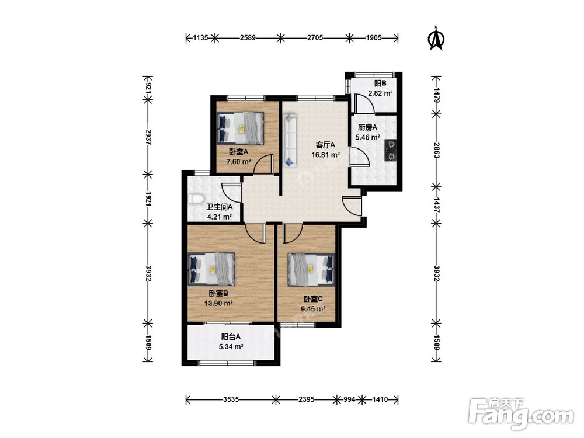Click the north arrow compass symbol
[x=437, y=38]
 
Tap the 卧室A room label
[x=238, y=152]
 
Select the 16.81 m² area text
[x=325, y=155]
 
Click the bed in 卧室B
[x=212, y=269]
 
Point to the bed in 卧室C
[x=311, y=270]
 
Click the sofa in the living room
[x=290, y=140]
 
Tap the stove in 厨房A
[x=391, y=150]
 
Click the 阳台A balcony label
[x=231, y=337]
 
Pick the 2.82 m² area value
[x=380, y=93]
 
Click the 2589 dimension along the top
[x=248, y=37]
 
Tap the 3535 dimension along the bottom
[x=231, y=399]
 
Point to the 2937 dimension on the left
[x=148, y=137]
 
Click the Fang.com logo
[x=521, y=413]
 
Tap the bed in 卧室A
[x=241, y=128]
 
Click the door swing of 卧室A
[x=263, y=164]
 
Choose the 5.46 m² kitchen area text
[x=367, y=137]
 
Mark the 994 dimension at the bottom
[x=349, y=399]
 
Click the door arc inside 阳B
[x=364, y=103]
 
